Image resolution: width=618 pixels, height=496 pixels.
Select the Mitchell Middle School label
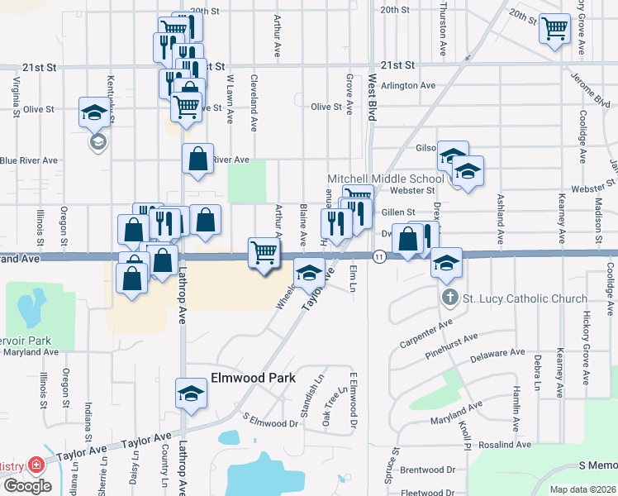(386, 179)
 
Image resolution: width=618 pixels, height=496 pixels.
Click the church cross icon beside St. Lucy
(449, 298)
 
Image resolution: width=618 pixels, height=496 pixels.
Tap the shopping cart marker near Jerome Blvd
(555, 29)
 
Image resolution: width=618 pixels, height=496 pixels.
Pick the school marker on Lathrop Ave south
(191, 393)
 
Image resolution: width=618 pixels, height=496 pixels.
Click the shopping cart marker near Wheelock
(264, 251)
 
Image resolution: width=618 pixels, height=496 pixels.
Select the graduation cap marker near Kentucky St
(94, 112)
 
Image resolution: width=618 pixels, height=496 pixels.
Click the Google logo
(26, 486)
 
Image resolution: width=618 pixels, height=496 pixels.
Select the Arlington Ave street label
(408, 85)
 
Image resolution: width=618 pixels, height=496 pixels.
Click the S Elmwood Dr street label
(269, 422)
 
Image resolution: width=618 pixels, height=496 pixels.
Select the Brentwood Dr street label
(428, 470)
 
